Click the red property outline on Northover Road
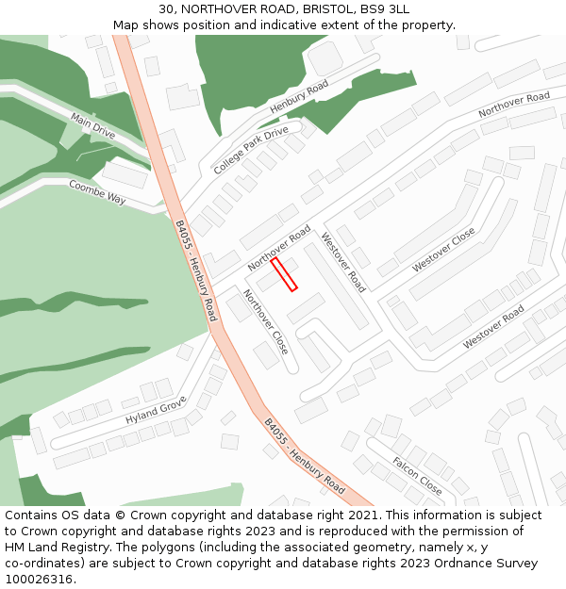(284, 274)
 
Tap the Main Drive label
(92, 126)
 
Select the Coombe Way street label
(97, 192)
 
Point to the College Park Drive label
(251, 150)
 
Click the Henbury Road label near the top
(299, 97)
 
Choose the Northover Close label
(265, 321)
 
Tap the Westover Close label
(443, 251)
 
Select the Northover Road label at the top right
(513, 105)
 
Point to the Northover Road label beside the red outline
(279, 248)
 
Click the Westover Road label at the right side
(492, 326)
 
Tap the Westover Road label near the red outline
(343, 262)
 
